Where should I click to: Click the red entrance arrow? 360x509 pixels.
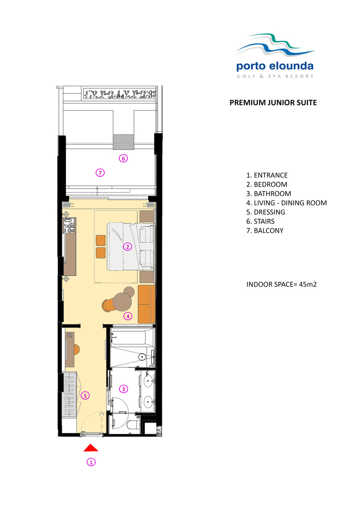pyautogui.click(x=91, y=448)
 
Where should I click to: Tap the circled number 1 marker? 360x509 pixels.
pyautogui.click(x=91, y=462)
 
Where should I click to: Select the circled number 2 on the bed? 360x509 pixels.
pyautogui.click(x=128, y=247)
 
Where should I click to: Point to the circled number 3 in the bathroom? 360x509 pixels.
pyautogui.click(x=123, y=389)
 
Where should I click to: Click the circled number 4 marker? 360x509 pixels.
pyautogui.click(x=128, y=316)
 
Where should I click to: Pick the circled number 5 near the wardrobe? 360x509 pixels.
pyautogui.click(x=85, y=396)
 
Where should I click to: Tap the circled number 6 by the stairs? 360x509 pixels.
pyautogui.click(x=123, y=158)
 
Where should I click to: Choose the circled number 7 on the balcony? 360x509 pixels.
pyautogui.click(x=100, y=173)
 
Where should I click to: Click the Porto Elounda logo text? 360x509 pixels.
pyautogui.click(x=275, y=66)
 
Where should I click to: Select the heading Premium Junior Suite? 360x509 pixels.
pyautogui.click(x=273, y=103)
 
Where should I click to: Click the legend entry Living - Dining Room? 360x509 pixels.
pyautogui.click(x=286, y=203)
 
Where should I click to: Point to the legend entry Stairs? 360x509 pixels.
pyautogui.click(x=261, y=221)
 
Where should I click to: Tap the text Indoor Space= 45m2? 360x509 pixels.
pyautogui.click(x=282, y=284)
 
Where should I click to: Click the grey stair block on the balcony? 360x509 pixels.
pyautogui.click(x=123, y=142)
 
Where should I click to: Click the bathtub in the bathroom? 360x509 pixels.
pyautogui.click(x=128, y=338)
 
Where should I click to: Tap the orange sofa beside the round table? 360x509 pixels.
pyautogui.click(x=147, y=304)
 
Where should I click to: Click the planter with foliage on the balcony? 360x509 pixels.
pyautogui.click(x=120, y=94)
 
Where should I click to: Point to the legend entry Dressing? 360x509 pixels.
pyautogui.click(x=266, y=212)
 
